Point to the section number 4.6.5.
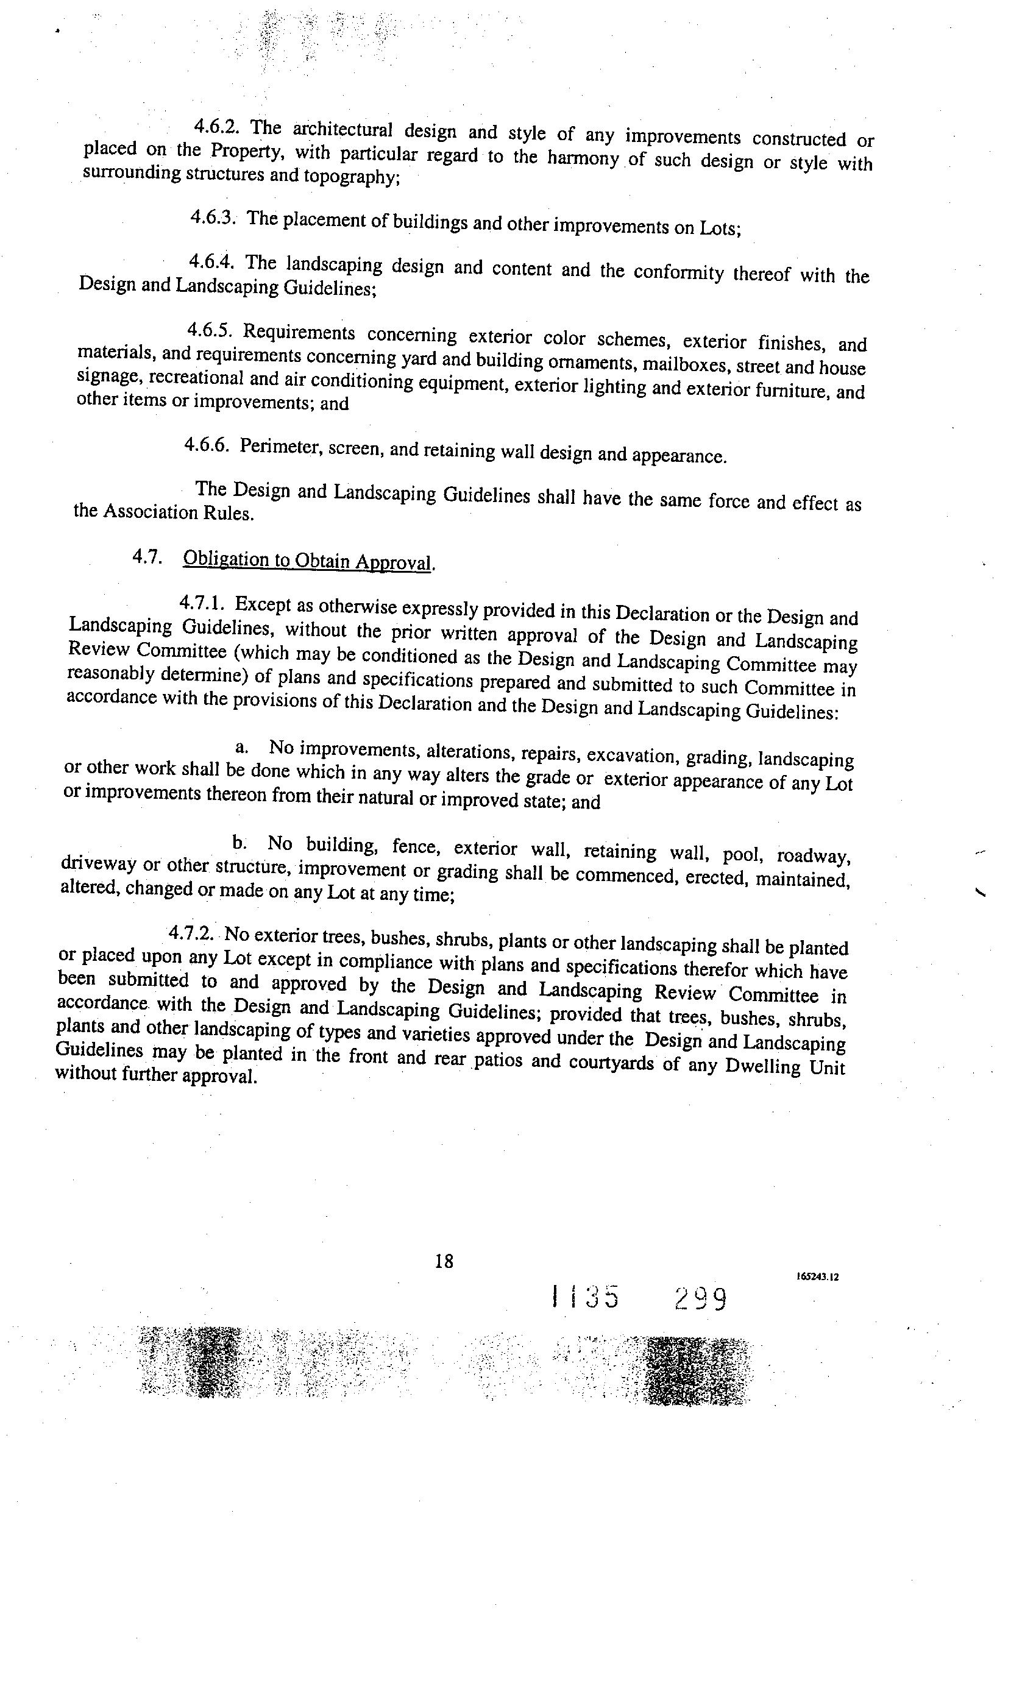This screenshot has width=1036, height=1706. [x=209, y=331]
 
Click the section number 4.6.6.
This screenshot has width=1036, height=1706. [x=207, y=445]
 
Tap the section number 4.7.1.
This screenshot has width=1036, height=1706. [x=202, y=604]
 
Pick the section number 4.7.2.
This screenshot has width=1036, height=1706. [x=193, y=933]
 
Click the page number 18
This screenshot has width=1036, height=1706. [x=444, y=1261]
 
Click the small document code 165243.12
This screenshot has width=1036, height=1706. [x=818, y=1276]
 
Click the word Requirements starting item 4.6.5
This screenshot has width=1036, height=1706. [x=299, y=333]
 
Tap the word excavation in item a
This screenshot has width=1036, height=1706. [x=633, y=756]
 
